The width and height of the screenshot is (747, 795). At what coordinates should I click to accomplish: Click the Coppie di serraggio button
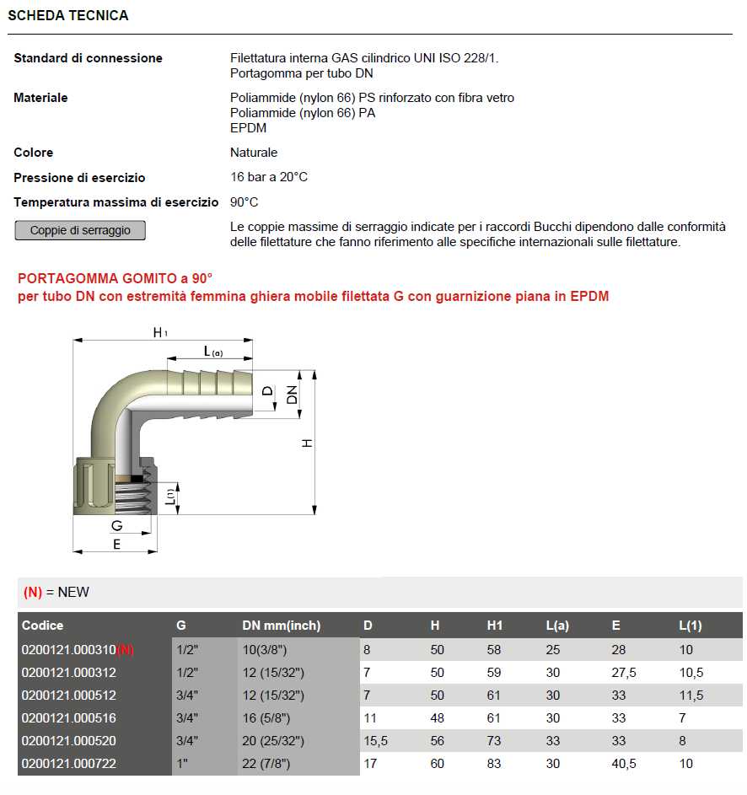(80, 230)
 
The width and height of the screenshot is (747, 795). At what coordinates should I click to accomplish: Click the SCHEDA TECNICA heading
(68, 16)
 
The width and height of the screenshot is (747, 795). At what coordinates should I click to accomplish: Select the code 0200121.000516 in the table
(69, 718)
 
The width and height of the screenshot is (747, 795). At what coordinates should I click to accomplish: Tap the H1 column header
(495, 626)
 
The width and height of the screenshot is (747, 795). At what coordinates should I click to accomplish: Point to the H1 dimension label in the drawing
(160, 333)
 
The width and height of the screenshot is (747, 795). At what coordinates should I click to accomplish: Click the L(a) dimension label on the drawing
(212, 352)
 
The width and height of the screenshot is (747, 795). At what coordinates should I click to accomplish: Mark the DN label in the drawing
(293, 393)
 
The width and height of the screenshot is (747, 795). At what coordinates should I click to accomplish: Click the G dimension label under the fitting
(117, 526)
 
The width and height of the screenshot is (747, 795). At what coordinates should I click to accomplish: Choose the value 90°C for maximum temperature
(244, 202)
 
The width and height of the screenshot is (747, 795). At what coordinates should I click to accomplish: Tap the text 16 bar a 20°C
(269, 178)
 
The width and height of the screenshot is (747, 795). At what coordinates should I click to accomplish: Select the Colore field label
(34, 153)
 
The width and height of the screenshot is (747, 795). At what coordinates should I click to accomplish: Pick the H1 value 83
(494, 764)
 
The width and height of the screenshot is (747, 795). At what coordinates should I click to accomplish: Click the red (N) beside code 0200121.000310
(125, 650)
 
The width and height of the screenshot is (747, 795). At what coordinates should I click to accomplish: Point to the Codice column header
(43, 626)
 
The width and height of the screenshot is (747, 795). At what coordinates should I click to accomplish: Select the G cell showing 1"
(180, 764)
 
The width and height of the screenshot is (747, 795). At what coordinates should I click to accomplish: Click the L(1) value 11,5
(691, 696)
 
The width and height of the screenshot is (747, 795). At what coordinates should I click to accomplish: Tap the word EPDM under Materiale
(248, 128)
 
